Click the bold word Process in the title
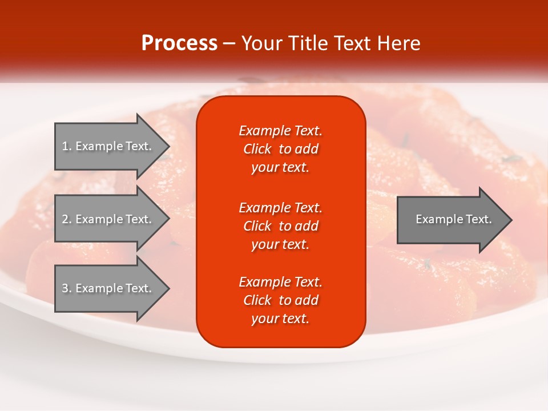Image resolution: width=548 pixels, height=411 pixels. point(179,43)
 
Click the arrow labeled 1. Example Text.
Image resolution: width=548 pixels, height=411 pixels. point(108,146)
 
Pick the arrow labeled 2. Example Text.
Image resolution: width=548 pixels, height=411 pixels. point(108,219)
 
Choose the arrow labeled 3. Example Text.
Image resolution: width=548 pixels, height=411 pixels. point(108,288)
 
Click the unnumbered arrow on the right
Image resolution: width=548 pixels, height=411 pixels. point(451,219)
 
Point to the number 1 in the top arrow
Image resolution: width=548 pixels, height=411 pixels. point(65,146)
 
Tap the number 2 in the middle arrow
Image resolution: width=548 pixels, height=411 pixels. point(65,219)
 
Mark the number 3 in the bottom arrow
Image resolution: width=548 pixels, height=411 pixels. point(65,288)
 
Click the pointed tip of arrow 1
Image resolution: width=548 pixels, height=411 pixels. point(166,146)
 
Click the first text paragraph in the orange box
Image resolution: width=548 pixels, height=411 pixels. point(280,149)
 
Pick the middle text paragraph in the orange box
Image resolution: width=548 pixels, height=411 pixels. point(280,226)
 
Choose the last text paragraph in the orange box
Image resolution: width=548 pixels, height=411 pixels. point(280,300)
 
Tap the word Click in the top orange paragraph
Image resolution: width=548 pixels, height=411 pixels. point(257,149)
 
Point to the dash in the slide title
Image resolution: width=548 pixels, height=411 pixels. point(229,44)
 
